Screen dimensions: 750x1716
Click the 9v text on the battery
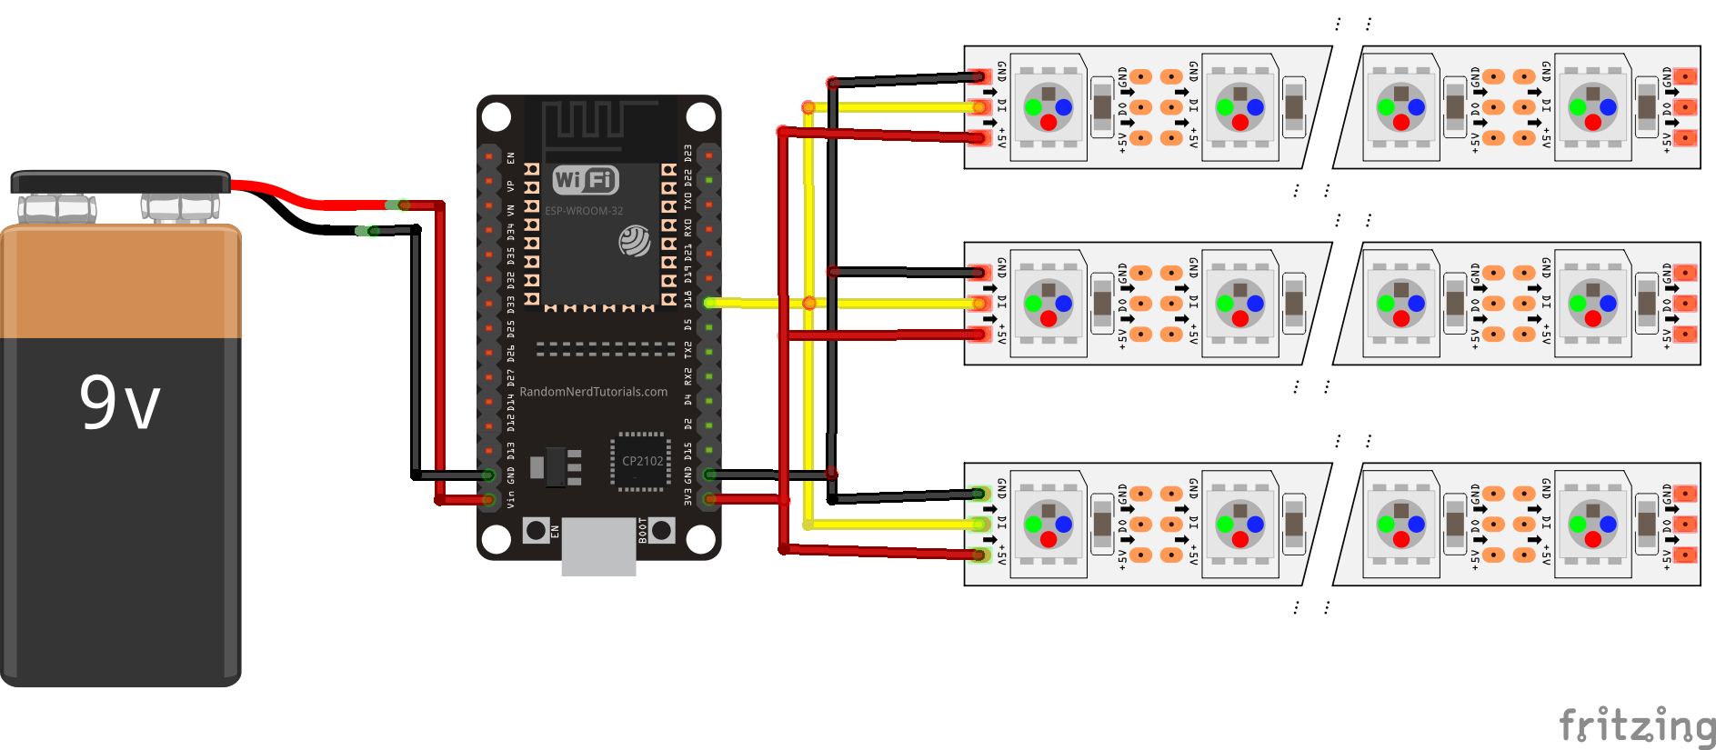[119, 402]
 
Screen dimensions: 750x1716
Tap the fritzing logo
[1636, 725]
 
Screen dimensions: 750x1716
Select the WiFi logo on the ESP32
[586, 180]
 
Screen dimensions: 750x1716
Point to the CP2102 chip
[642, 462]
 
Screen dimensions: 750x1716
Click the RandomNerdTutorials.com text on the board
[593, 392]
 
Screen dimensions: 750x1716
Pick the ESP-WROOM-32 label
[584, 211]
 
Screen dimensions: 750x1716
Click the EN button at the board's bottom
[537, 530]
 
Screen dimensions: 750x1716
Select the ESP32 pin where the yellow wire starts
[709, 303]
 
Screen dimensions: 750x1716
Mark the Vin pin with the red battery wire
[488, 499]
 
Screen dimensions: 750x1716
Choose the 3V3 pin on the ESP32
[709, 498]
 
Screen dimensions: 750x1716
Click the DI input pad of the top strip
[979, 107]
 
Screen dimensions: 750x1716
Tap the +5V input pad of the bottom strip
[979, 555]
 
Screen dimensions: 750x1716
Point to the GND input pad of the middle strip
[979, 272]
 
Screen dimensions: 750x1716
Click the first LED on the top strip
[1049, 107]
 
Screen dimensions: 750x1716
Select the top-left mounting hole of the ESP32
[496, 116]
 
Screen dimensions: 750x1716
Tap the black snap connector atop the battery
[120, 182]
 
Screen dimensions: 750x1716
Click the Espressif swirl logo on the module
[635, 241]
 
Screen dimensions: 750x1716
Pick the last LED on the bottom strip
[1592, 525]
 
